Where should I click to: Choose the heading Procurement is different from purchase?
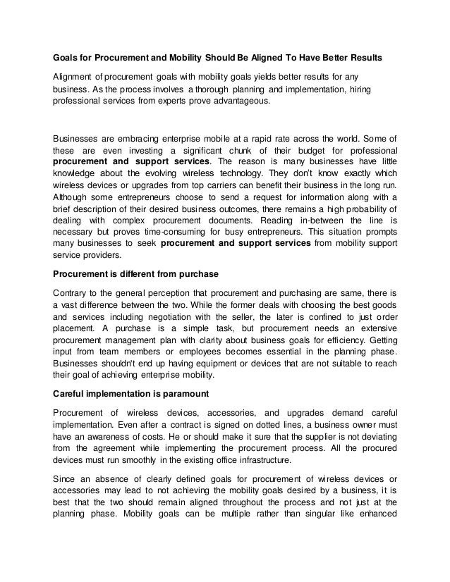tap(137, 273)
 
